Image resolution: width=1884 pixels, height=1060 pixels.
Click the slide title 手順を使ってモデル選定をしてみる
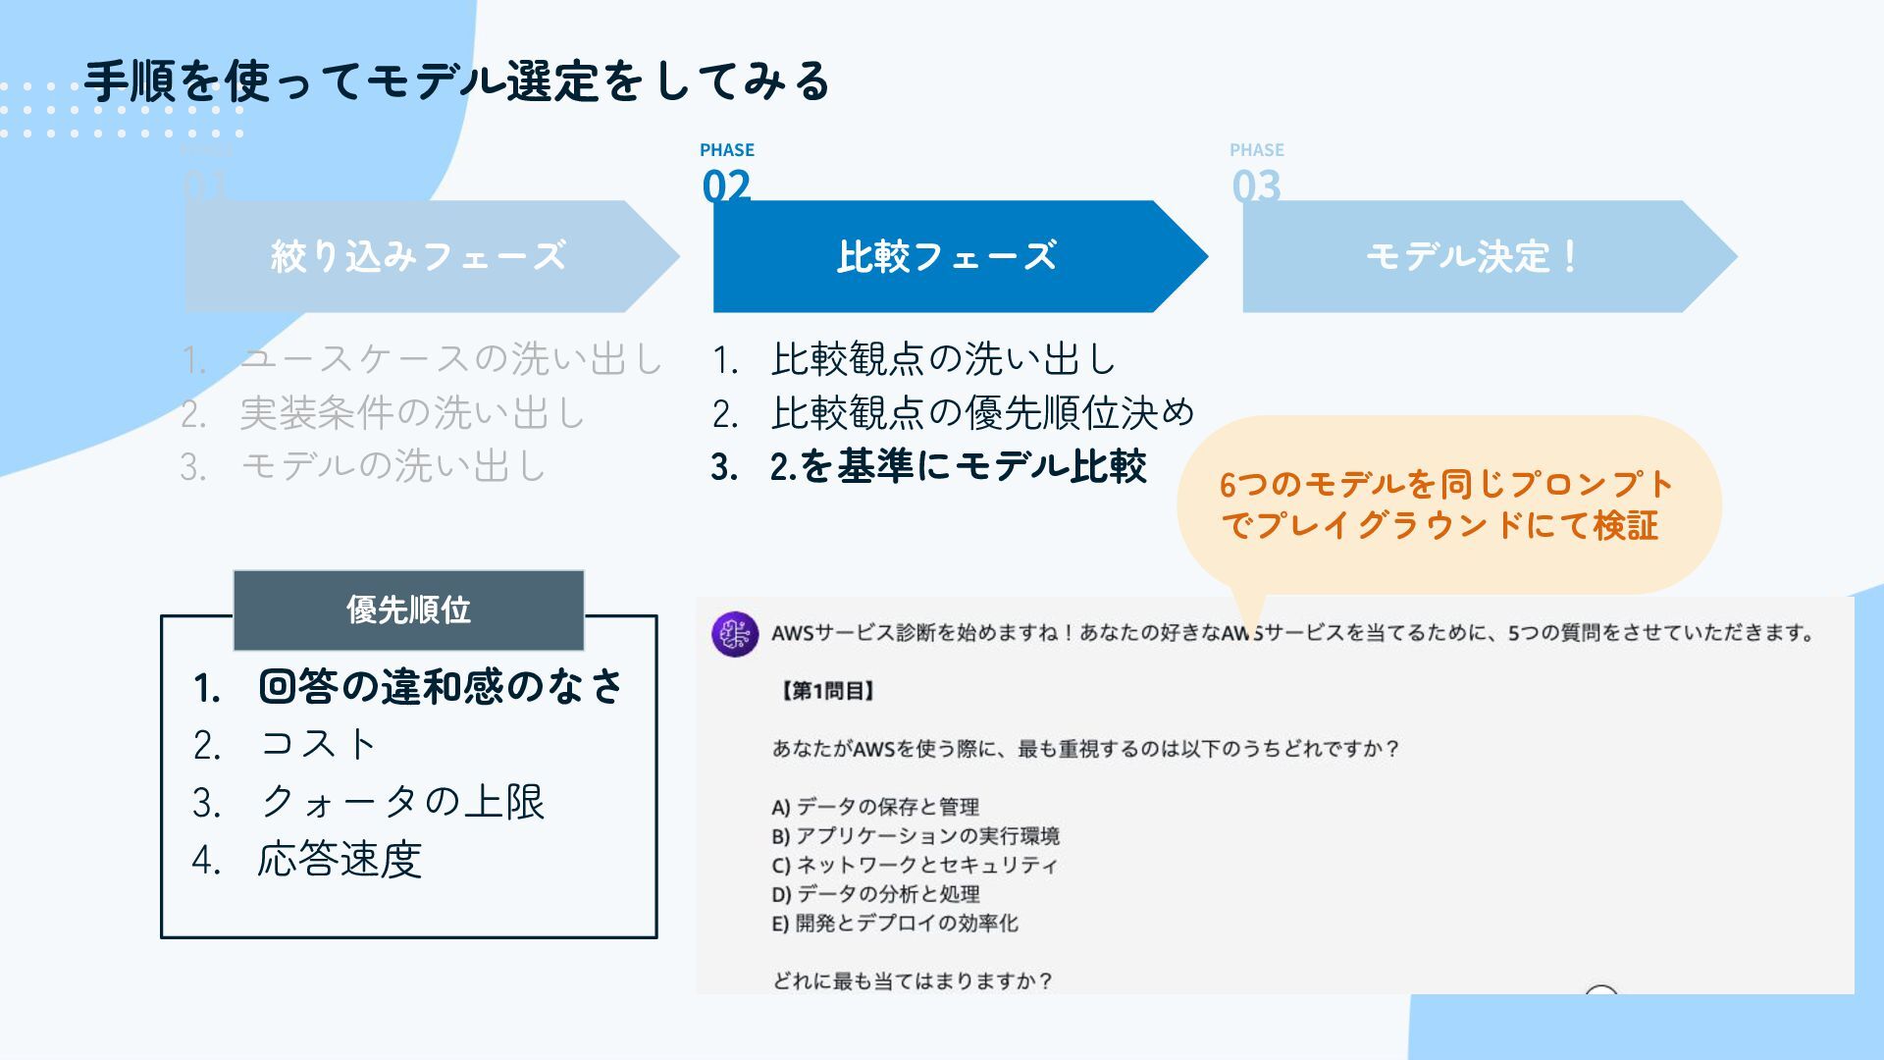(457, 80)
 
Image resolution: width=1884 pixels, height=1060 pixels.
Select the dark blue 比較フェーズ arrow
(946, 256)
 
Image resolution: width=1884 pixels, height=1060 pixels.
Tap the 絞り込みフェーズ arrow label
(418, 256)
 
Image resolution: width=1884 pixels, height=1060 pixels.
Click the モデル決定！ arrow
(1472, 256)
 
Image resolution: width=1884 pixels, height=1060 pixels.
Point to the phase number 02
(726, 185)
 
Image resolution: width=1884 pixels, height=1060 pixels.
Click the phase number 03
(1256, 185)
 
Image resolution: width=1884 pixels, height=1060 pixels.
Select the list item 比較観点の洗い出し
(943, 359)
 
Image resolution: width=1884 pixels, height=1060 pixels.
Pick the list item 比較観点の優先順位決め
(982, 413)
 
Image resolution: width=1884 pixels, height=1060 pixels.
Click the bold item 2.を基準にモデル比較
(957, 466)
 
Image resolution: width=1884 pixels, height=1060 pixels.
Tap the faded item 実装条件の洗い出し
(412, 413)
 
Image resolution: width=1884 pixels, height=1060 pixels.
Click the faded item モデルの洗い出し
(392, 466)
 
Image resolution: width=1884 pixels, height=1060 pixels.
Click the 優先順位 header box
(408, 609)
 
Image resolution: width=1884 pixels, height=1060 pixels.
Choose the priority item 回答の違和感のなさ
(441, 686)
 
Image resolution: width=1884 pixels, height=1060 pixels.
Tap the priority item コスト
(319, 744)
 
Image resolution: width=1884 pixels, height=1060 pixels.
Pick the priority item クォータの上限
(401, 802)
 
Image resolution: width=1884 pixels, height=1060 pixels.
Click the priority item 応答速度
(340, 860)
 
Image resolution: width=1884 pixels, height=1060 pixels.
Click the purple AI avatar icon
(735, 634)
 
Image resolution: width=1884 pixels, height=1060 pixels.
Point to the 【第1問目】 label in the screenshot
(826, 691)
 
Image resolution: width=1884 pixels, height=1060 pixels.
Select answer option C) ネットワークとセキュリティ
(915, 865)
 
